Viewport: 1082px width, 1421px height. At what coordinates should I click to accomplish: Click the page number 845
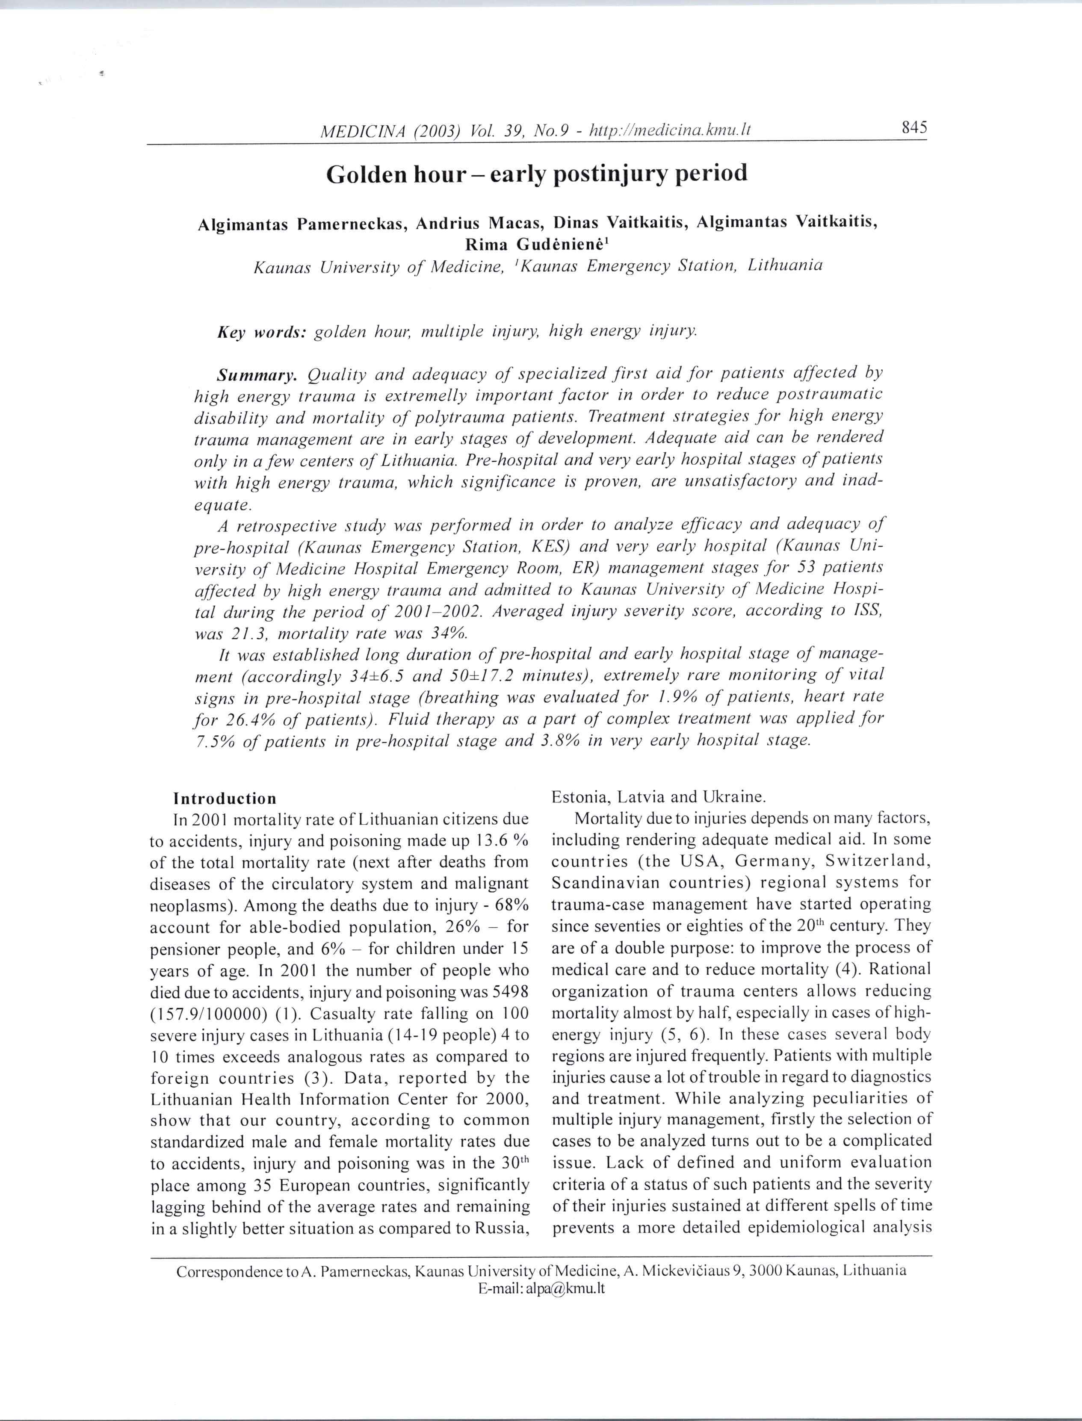914,127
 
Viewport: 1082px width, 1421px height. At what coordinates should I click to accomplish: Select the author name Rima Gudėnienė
536,245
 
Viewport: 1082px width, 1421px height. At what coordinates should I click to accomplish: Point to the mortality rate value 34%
448,633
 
